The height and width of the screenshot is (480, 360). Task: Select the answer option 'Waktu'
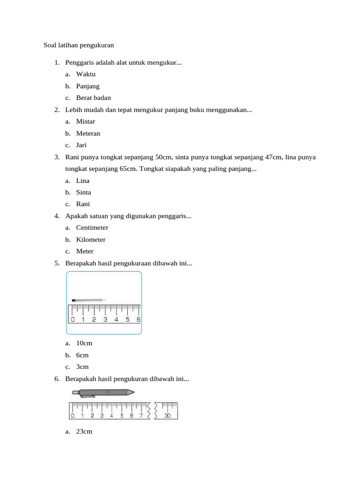click(x=86, y=74)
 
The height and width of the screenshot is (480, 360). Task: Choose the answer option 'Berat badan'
click(x=93, y=98)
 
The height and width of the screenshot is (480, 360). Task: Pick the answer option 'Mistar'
click(x=86, y=121)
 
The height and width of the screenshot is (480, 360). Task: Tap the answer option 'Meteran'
click(x=88, y=133)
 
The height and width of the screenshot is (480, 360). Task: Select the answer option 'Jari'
click(x=82, y=145)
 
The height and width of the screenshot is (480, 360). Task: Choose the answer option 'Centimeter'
click(x=92, y=228)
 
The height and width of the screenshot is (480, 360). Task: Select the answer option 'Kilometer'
click(x=91, y=240)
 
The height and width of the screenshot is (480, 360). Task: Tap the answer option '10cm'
click(x=84, y=343)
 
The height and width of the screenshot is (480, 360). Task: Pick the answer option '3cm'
click(x=82, y=367)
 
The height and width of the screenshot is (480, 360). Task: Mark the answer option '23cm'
click(x=84, y=431)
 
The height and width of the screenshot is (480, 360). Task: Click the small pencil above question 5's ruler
click(x=88, y=300)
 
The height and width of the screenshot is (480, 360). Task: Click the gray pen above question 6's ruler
click(x=104, y=392)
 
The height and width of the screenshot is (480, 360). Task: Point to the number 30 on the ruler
click(x=167, y=415)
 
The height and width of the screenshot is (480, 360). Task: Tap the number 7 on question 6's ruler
click(x=141, y=415)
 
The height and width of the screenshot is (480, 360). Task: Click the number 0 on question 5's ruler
click(x=73, y=320)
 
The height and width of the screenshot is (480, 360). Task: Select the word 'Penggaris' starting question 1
click(x=79, y=62)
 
